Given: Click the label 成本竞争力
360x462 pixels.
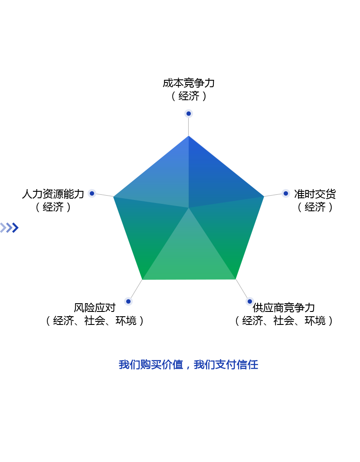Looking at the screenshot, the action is pos(189,83).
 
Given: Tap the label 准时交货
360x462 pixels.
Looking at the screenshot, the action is pos(315,194).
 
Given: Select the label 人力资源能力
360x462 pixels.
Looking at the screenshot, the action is pos(53,194).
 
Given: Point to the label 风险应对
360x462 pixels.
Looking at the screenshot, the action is pos(95,308).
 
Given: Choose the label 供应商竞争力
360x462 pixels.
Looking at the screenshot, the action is pos(284,308).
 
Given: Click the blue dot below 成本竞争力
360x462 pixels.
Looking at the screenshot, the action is pos(189,113).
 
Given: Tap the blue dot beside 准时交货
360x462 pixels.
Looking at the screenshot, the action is pos(285,193).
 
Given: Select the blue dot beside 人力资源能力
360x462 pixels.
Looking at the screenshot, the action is pos(92,193).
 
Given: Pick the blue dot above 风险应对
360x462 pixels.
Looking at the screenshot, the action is pos(128,301).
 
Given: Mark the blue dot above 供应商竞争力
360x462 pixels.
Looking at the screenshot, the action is pos(249,301).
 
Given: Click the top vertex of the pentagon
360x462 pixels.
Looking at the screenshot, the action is pos(189,136).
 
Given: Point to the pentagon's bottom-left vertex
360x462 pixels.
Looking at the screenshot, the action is pos(142,279).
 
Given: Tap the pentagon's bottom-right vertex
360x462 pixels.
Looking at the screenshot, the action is pos(236,279).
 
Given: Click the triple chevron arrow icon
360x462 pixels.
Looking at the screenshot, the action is pos(10,228).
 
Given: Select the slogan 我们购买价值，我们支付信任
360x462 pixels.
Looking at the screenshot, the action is pos(189,365).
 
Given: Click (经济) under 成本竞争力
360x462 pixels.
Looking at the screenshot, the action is pos(189,96).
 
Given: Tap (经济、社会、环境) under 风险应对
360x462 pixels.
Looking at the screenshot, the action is pos(95,321).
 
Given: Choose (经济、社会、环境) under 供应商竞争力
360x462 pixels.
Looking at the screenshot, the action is pos(284,321).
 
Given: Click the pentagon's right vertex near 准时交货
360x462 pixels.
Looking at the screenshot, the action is pos(264,197).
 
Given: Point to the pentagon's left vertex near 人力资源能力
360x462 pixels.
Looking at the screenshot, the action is pos(114,197).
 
